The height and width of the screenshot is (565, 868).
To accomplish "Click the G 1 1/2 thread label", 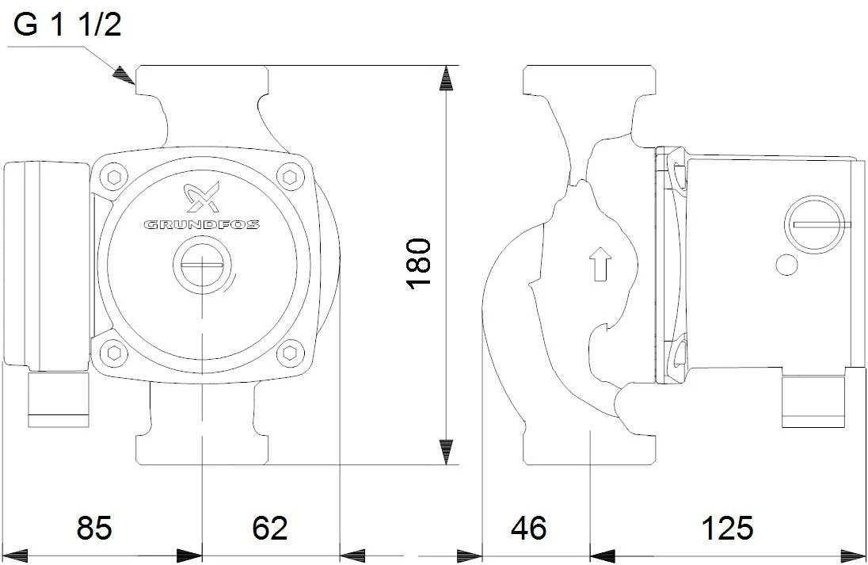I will (68, 25).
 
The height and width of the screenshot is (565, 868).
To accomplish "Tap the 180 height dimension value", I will (417, 262).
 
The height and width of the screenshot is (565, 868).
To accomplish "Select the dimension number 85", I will (93, 527).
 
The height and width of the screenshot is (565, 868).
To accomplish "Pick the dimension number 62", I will (269, 527).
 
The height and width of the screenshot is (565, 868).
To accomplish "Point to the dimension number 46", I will (528, 527).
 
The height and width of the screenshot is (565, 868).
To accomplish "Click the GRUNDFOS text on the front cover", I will (201, 225).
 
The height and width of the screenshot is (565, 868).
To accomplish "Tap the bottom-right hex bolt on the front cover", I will (291, 351).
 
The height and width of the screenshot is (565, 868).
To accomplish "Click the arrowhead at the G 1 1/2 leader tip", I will (121, 74).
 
